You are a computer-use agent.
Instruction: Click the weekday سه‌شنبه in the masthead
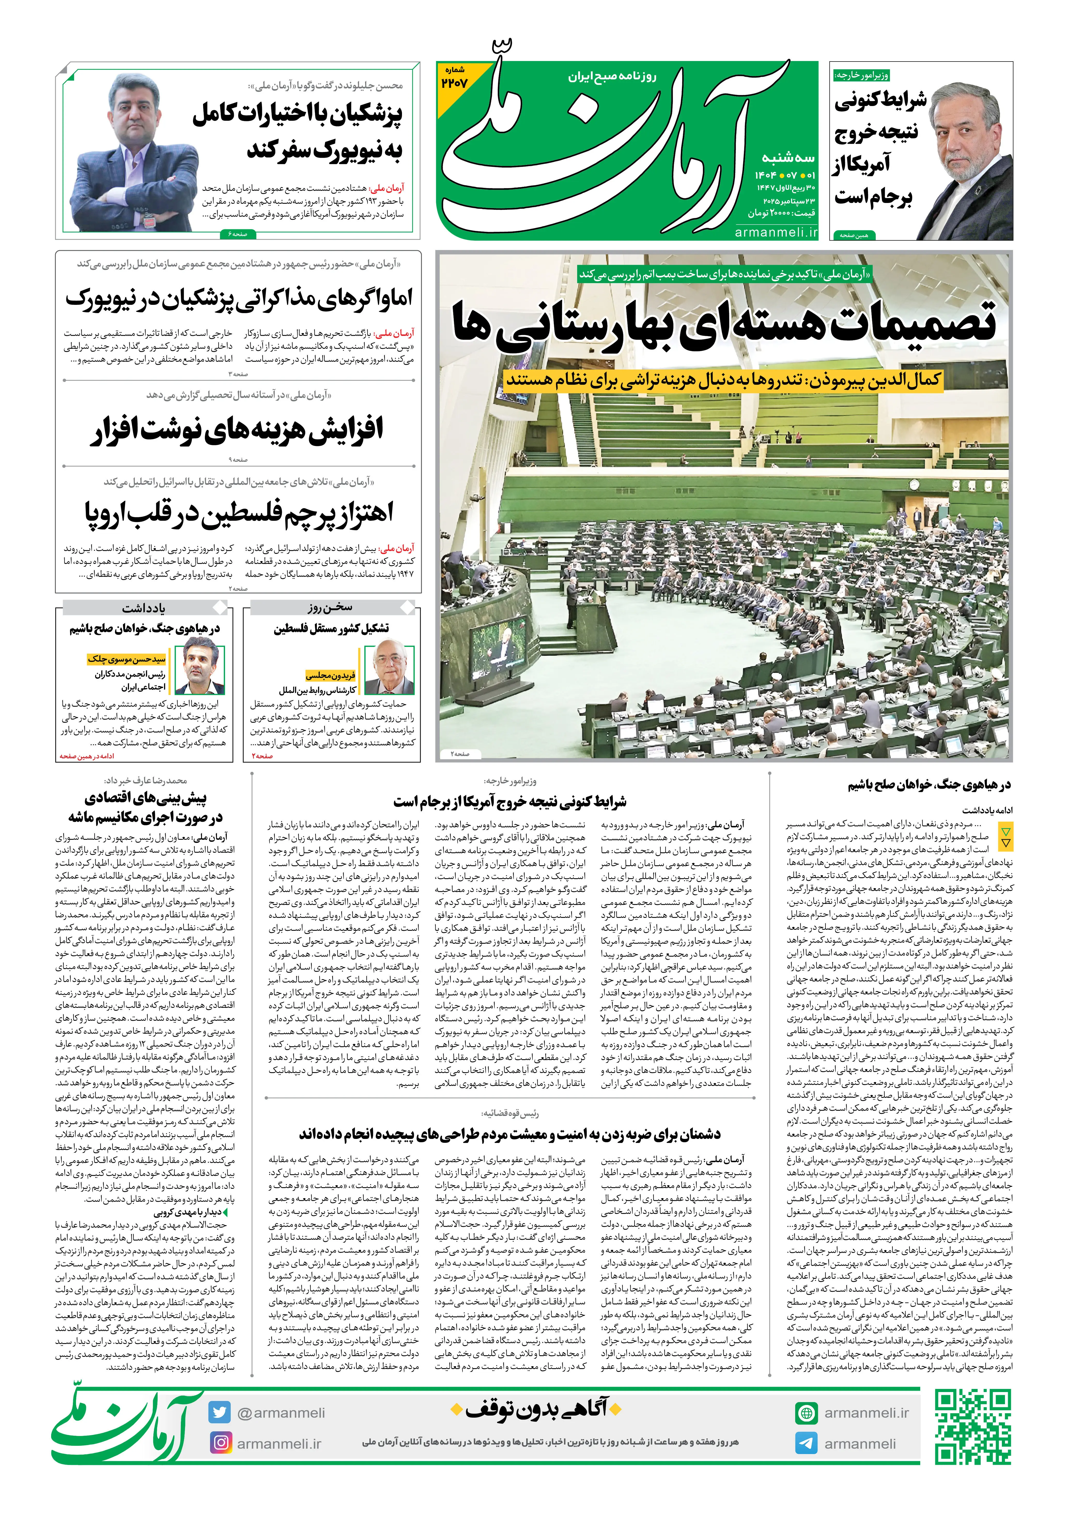point(788,158)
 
